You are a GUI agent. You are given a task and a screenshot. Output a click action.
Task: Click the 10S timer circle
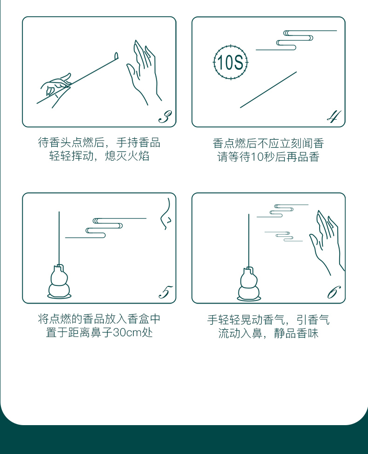coord(231,62)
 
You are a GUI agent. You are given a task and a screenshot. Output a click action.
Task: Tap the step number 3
coord(165,117)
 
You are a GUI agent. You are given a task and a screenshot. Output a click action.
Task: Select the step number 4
coord(334,116)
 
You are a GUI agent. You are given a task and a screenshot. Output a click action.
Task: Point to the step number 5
coord(165,292)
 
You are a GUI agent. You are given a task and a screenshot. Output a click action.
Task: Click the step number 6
coord(334,292)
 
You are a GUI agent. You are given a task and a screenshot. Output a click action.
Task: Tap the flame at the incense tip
coord(116,55)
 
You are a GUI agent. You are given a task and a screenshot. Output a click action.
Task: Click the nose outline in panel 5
coord(166,214)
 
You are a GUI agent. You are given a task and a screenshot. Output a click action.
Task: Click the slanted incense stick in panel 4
coord(268,90)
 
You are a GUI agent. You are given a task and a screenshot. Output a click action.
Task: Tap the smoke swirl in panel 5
coord(105,228)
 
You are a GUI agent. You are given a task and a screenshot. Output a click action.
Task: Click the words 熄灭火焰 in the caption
coord(127,156)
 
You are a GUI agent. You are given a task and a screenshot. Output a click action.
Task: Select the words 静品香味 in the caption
coord(296,333)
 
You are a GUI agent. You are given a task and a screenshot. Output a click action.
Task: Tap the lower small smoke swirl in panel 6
coord(284,237)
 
